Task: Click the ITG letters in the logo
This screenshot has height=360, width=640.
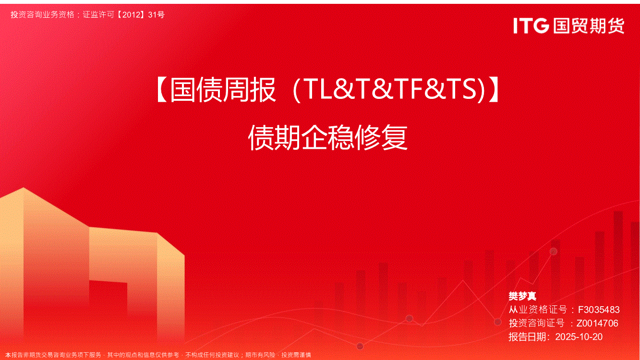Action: [531, 26]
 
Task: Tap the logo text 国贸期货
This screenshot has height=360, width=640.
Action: [589, 26]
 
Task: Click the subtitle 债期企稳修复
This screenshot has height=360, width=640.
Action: [328, 138]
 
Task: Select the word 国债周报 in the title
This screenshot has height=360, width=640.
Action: [223, 90]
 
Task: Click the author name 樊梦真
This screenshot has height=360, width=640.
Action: [522, 296]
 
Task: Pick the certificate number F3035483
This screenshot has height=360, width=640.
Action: [599, 310]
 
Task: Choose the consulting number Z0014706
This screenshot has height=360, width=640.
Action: [597, 323]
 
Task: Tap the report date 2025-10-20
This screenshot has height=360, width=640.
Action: [579, 337]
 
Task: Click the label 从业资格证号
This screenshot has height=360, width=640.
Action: [538, 310]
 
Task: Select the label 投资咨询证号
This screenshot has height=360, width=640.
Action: [537, 323]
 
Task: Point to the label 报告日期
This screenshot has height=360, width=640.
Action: [528, 337]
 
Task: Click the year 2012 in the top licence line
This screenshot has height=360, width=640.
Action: [132, 14]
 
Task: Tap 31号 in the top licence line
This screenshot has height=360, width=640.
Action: [157, 14]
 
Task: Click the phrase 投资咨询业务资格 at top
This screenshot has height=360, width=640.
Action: [43, 14]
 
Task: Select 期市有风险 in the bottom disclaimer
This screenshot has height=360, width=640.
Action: [260, 355]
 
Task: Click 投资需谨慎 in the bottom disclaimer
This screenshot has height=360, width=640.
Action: [296, 355]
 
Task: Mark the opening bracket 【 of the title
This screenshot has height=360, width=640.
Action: [162, 90]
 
